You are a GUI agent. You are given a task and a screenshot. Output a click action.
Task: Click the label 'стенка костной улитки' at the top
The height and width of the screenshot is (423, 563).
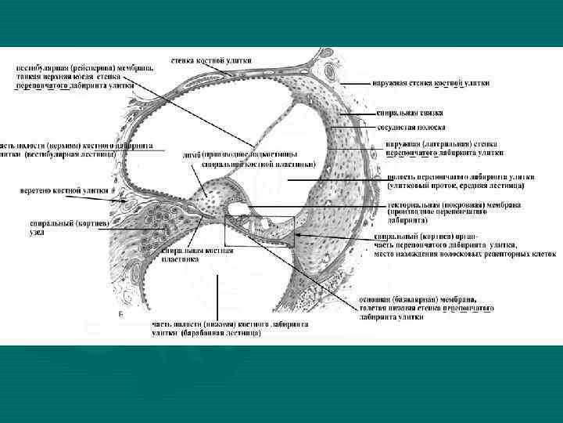pos(211,60)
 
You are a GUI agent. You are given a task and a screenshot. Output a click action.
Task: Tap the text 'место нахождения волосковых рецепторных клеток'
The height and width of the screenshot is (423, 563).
pos(464,254)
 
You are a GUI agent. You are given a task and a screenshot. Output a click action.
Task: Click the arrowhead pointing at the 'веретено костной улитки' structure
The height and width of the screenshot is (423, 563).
pos(118,201)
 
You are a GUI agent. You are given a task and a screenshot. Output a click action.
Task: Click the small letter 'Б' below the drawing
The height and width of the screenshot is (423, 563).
pos(120,313)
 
